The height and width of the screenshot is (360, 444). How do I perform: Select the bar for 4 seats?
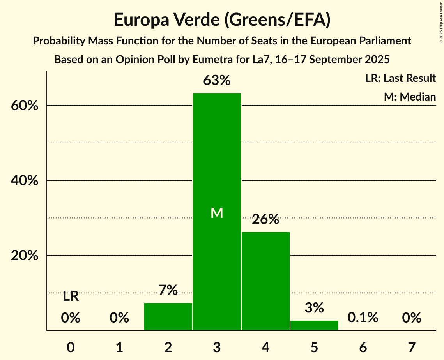coord(265,281)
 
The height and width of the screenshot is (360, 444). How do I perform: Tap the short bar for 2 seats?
coord(168,316)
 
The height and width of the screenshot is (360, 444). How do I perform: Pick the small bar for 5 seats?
coord(314,325)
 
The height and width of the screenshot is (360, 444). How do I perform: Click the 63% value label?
coord(217,81)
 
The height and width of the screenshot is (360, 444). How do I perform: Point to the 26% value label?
coord(265,219)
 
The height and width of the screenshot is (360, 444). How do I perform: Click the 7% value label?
coord(168,290)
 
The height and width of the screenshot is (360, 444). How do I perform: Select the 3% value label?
coord(314,308)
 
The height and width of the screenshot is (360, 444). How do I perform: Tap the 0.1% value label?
coord(363,318)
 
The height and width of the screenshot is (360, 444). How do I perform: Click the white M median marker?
coord(217,213)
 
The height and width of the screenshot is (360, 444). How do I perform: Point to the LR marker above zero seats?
coord(71,296)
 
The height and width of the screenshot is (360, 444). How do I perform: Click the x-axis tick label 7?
coord(412,347)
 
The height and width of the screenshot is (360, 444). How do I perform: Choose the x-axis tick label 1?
coord(119,347)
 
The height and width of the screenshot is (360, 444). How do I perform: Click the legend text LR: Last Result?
coord(400,78)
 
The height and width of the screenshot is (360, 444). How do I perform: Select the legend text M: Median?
coord(410,97)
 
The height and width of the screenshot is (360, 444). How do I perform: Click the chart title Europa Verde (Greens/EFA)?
coord(222,20)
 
